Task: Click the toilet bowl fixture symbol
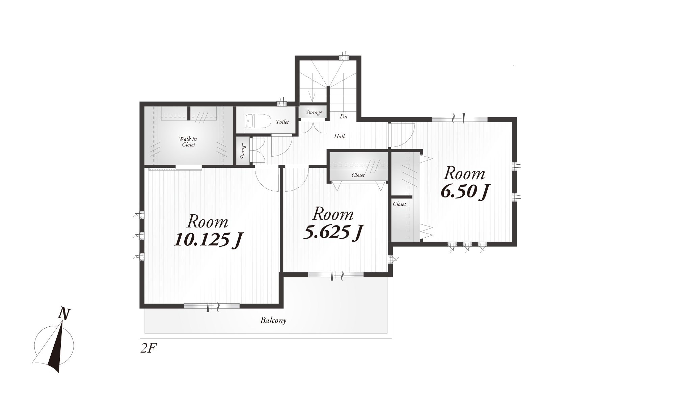pyautogui.click(x=258, y=121)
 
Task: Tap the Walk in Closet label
pyautogui.click(x=188, y=142)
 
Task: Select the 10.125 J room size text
pyautogui.click(x=208, y=240)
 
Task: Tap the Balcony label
pyautogui.click(x=273, y=320)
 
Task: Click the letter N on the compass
pyautogui.click(x=64, y=314)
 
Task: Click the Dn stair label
pyautogui.click(x=344, y=116)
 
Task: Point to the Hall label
pyautogui.click(x=340, y=136)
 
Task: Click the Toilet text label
pyautogui.click(x=282, y=122)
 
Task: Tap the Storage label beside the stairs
pyautogui.click(x=314, y=112)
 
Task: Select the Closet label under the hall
pyautogui.click(x=358, y=175)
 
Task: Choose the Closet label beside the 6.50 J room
pyautogui.click(x=399, y=204)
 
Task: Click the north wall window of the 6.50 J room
pyautogui.click(x=460, y=119)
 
